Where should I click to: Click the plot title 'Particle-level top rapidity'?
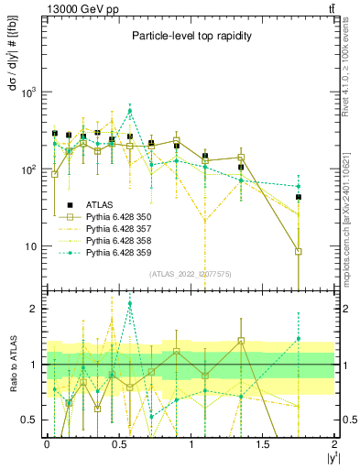[x=191, y=35]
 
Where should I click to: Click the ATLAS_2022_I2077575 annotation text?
[x=191, y=273]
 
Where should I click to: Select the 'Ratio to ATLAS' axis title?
[x=12, y=365]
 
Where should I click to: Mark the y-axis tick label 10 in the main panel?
[x=31, y=246]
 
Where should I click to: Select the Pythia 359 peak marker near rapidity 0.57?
[x=130, y=111]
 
